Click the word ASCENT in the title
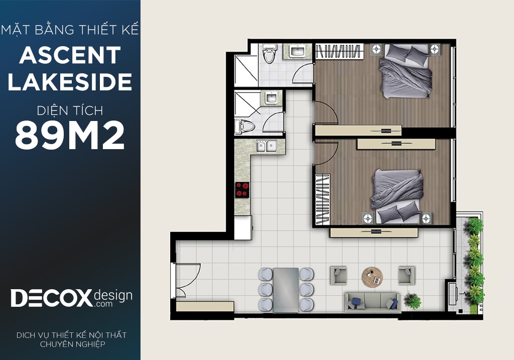point(70,55)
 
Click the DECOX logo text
point(52,298)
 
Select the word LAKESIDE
point(70,82)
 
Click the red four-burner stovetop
point(242,189)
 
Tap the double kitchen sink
point(266,146)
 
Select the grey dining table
point(286,290)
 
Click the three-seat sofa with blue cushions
point(372,302)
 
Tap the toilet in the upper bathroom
point(270,53)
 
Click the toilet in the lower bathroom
point(244,127)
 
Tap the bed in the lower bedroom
point(397,196)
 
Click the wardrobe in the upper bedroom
point(340,52)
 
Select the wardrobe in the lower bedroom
point(323,199)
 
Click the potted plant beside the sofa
point(413,301)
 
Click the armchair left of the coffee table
point(338,275)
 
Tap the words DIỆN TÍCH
point(70,110)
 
